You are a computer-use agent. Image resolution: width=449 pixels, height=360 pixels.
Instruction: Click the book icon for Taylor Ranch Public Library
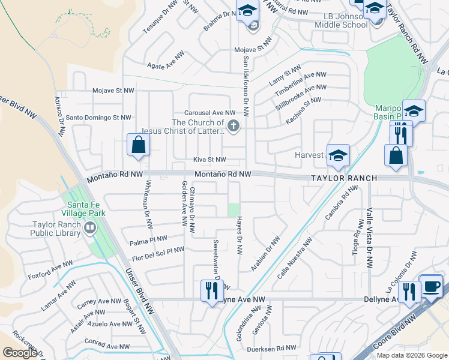pos(90,227)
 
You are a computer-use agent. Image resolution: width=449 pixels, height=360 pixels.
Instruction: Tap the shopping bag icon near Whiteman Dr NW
pos(139,145)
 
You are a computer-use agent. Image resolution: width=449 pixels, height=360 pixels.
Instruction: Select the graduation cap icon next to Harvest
pos(338,155)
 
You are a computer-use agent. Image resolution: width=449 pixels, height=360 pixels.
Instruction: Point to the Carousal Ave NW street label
pos(209,113)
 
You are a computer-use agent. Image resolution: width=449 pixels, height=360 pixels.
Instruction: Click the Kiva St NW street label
pos(209,160)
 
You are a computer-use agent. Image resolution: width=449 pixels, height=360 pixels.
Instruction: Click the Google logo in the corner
pos(20,353)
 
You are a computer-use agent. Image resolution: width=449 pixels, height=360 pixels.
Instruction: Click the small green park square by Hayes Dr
pos(233,210)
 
